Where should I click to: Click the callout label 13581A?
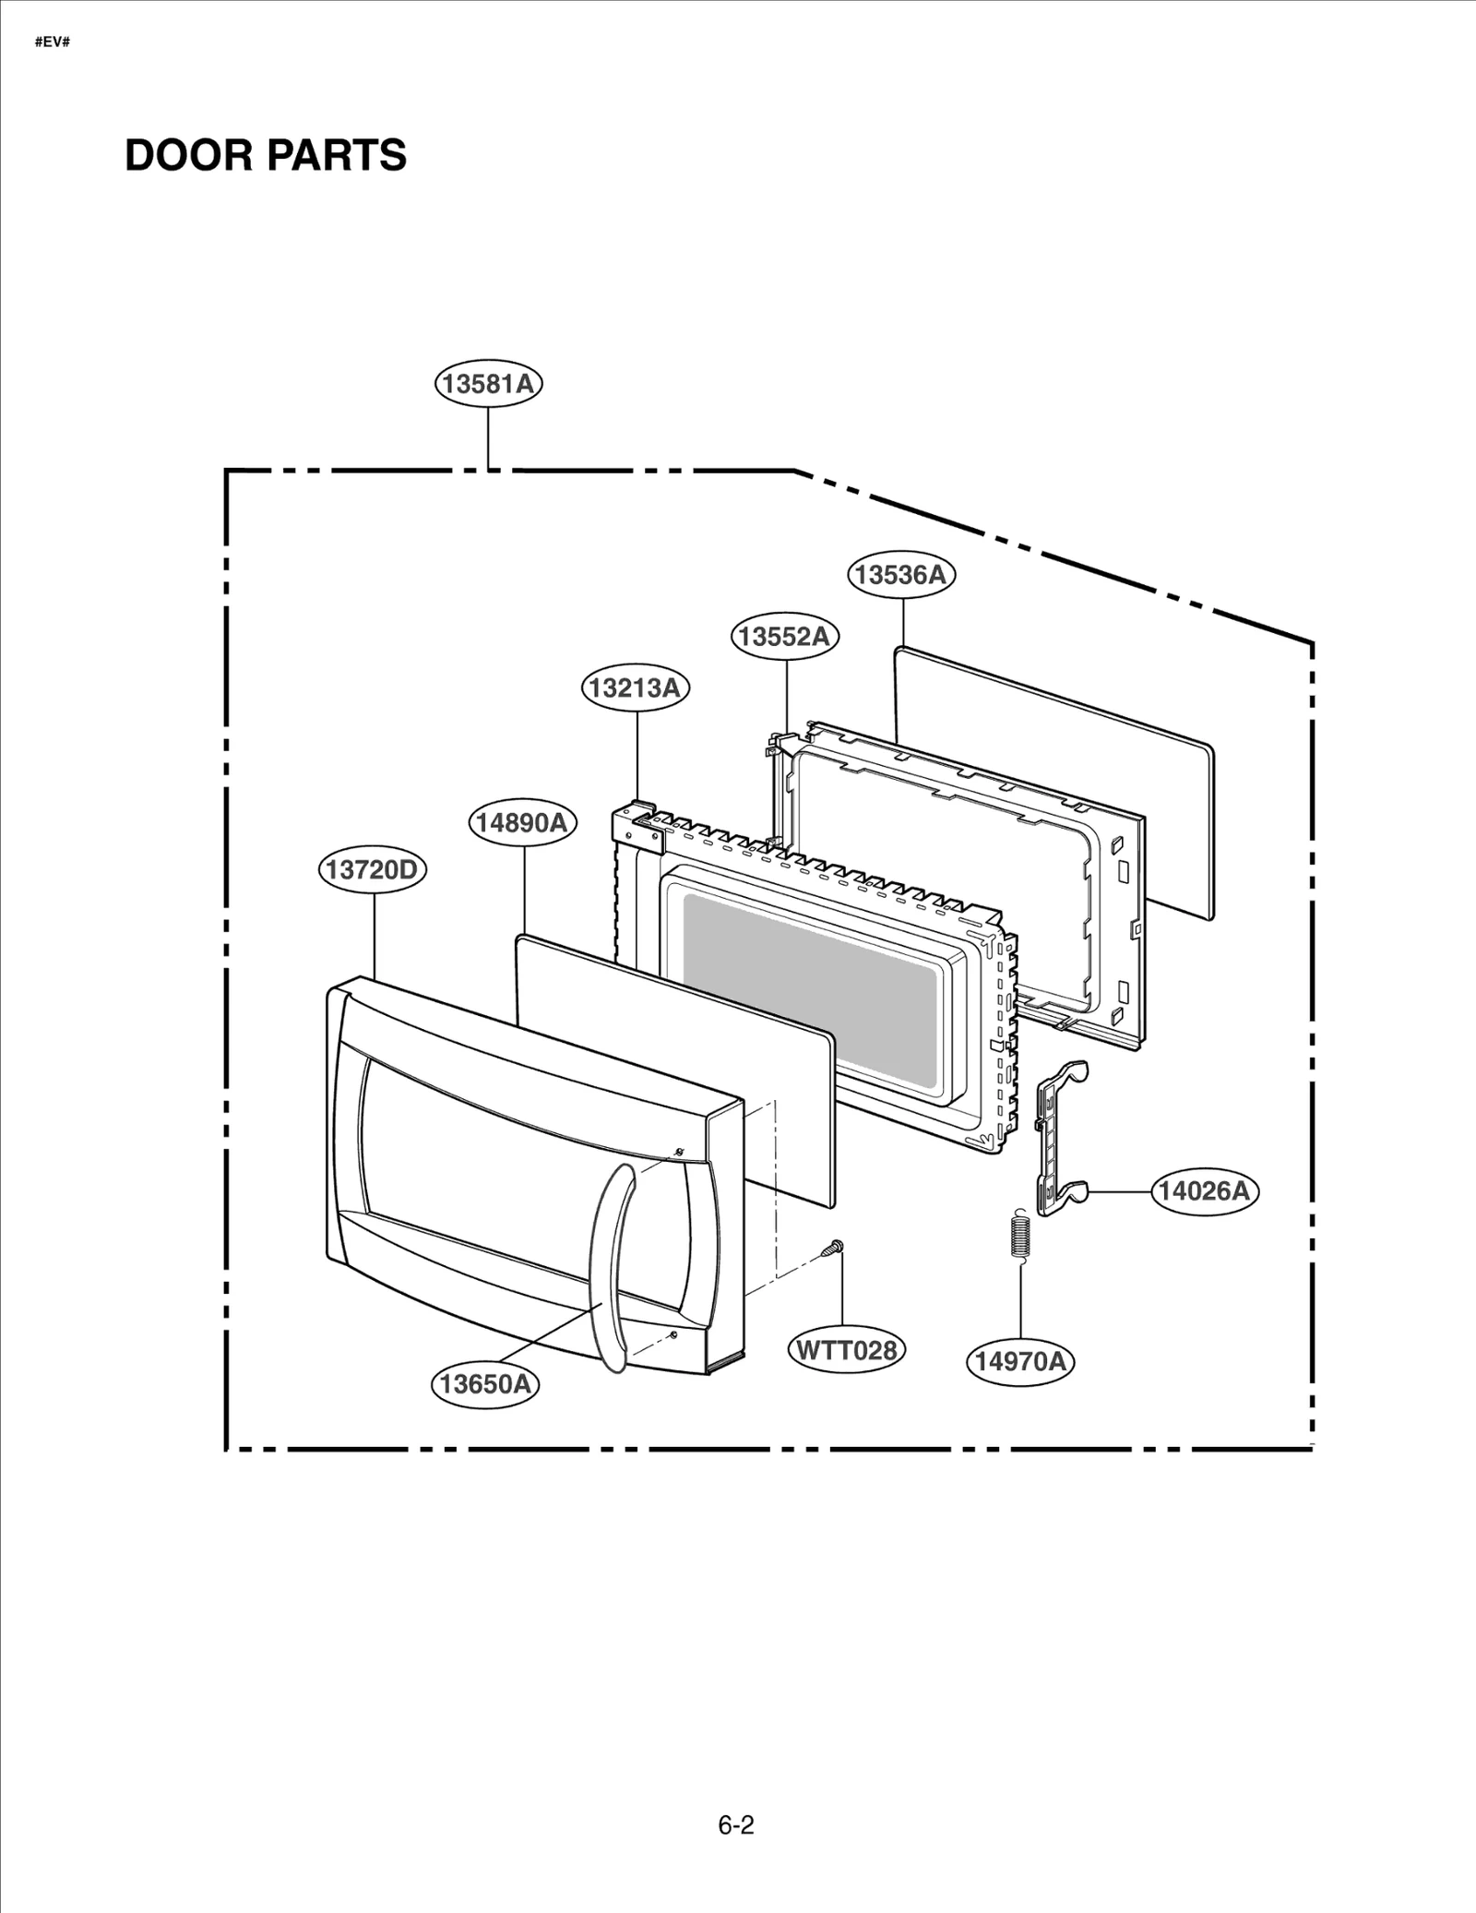(488, 383)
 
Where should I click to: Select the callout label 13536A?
(901, 574)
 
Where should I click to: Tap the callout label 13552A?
(786, 637)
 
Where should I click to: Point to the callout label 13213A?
(636, 687)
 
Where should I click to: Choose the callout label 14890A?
(523, 822)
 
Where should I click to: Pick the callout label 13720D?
(373, 869)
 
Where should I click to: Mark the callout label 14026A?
(1205, 1191)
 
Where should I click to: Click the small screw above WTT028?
(834, 1249)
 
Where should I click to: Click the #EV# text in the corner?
(53, 43)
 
